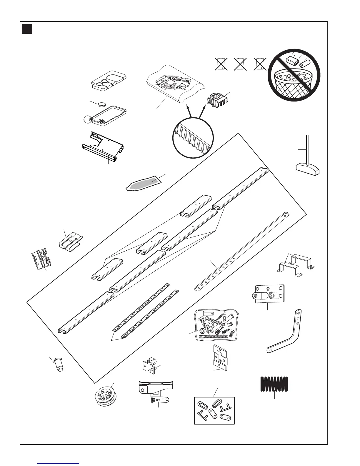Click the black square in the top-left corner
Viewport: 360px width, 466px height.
pyautogui.click(x=27, y=29)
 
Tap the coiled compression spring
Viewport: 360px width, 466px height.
pyautogui.click(x=274, y=384)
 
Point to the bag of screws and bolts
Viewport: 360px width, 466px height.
pyautogui.click(x=216, y=325)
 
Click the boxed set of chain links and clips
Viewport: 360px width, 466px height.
pyautogui.click(x=214, y=410)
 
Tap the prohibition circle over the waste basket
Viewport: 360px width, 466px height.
pyautogui.click(x=294, y=75)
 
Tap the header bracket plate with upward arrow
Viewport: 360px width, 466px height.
pyautogui.click(x=269, y=293)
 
